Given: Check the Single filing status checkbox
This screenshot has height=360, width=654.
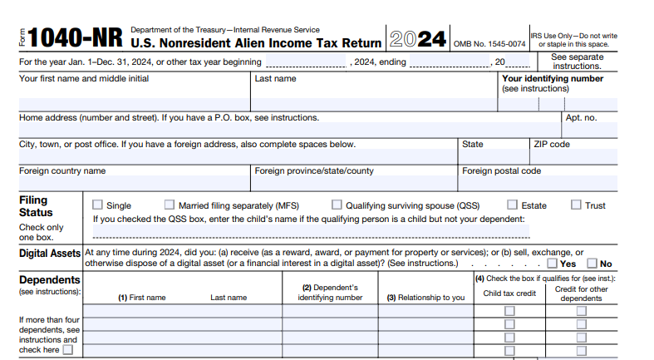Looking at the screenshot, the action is tap(97, 205).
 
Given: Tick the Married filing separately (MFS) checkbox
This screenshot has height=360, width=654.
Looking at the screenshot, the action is tap(170, 205).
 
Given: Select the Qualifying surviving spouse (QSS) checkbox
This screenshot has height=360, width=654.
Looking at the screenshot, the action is tap(337, 205).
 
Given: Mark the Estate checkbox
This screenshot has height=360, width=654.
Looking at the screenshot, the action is tap(513, 205).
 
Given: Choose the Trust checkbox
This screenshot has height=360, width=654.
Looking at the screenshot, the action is tap(576, 205).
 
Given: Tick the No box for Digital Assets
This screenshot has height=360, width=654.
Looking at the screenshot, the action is tap(592, 264).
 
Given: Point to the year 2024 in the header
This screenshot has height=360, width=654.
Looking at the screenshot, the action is tap(418, 40).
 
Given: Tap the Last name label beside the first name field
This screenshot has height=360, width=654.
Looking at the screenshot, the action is tap(275, 79).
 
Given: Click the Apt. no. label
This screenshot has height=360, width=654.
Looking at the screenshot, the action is tap(581, 118).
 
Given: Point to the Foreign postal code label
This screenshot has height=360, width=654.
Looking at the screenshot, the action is tap(501, 170).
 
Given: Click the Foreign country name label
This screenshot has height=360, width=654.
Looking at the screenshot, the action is tap(62, 170).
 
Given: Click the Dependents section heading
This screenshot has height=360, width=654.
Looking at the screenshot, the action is tap(49, 280).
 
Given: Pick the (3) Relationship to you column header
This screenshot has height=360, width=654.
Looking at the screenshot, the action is tap(425, 298).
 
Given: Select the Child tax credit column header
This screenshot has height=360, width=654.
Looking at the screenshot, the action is tap(509, 293).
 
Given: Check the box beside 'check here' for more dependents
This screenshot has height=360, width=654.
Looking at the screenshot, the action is tap(68, 350).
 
